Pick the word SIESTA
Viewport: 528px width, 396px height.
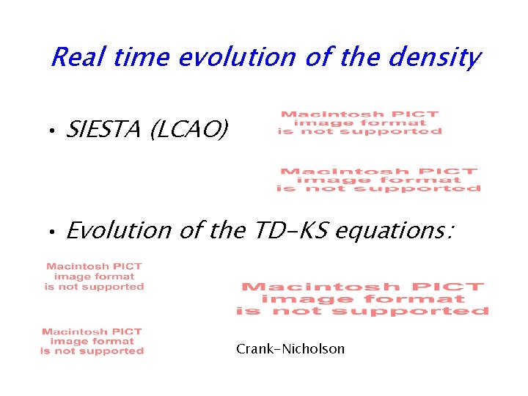(104, 131)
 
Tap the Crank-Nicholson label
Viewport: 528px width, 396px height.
(290, 349)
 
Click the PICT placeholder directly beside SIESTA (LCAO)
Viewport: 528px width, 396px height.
(359, 122)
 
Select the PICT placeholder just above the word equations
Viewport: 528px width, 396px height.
(379, 180)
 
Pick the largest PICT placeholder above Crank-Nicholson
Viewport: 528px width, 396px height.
(362, 299)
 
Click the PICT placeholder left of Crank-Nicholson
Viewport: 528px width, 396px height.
(92, 342)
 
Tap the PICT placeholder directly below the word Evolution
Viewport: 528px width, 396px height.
(94, 276)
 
